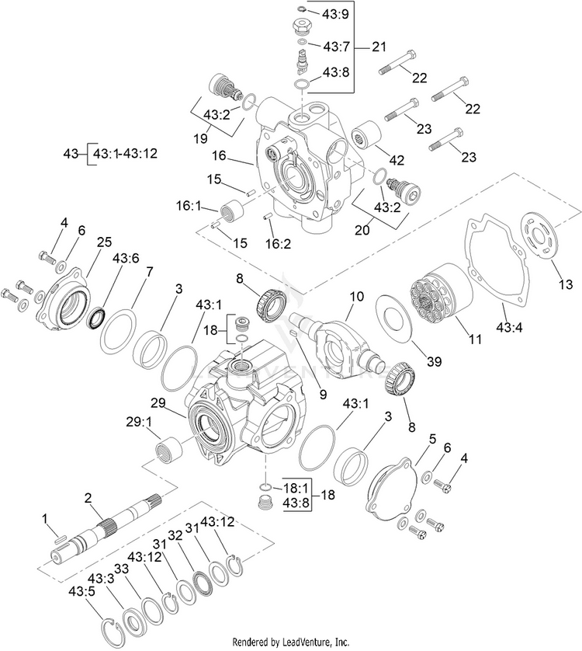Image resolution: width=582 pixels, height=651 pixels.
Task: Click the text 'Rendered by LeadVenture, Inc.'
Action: (290, 642)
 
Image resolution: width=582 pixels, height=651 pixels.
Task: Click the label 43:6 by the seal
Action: (126, 259)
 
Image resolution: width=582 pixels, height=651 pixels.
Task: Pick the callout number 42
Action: (397, 160)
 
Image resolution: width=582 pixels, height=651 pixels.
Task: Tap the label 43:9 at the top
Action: (335, 13)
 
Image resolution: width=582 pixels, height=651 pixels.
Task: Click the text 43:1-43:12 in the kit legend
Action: (125, 153)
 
